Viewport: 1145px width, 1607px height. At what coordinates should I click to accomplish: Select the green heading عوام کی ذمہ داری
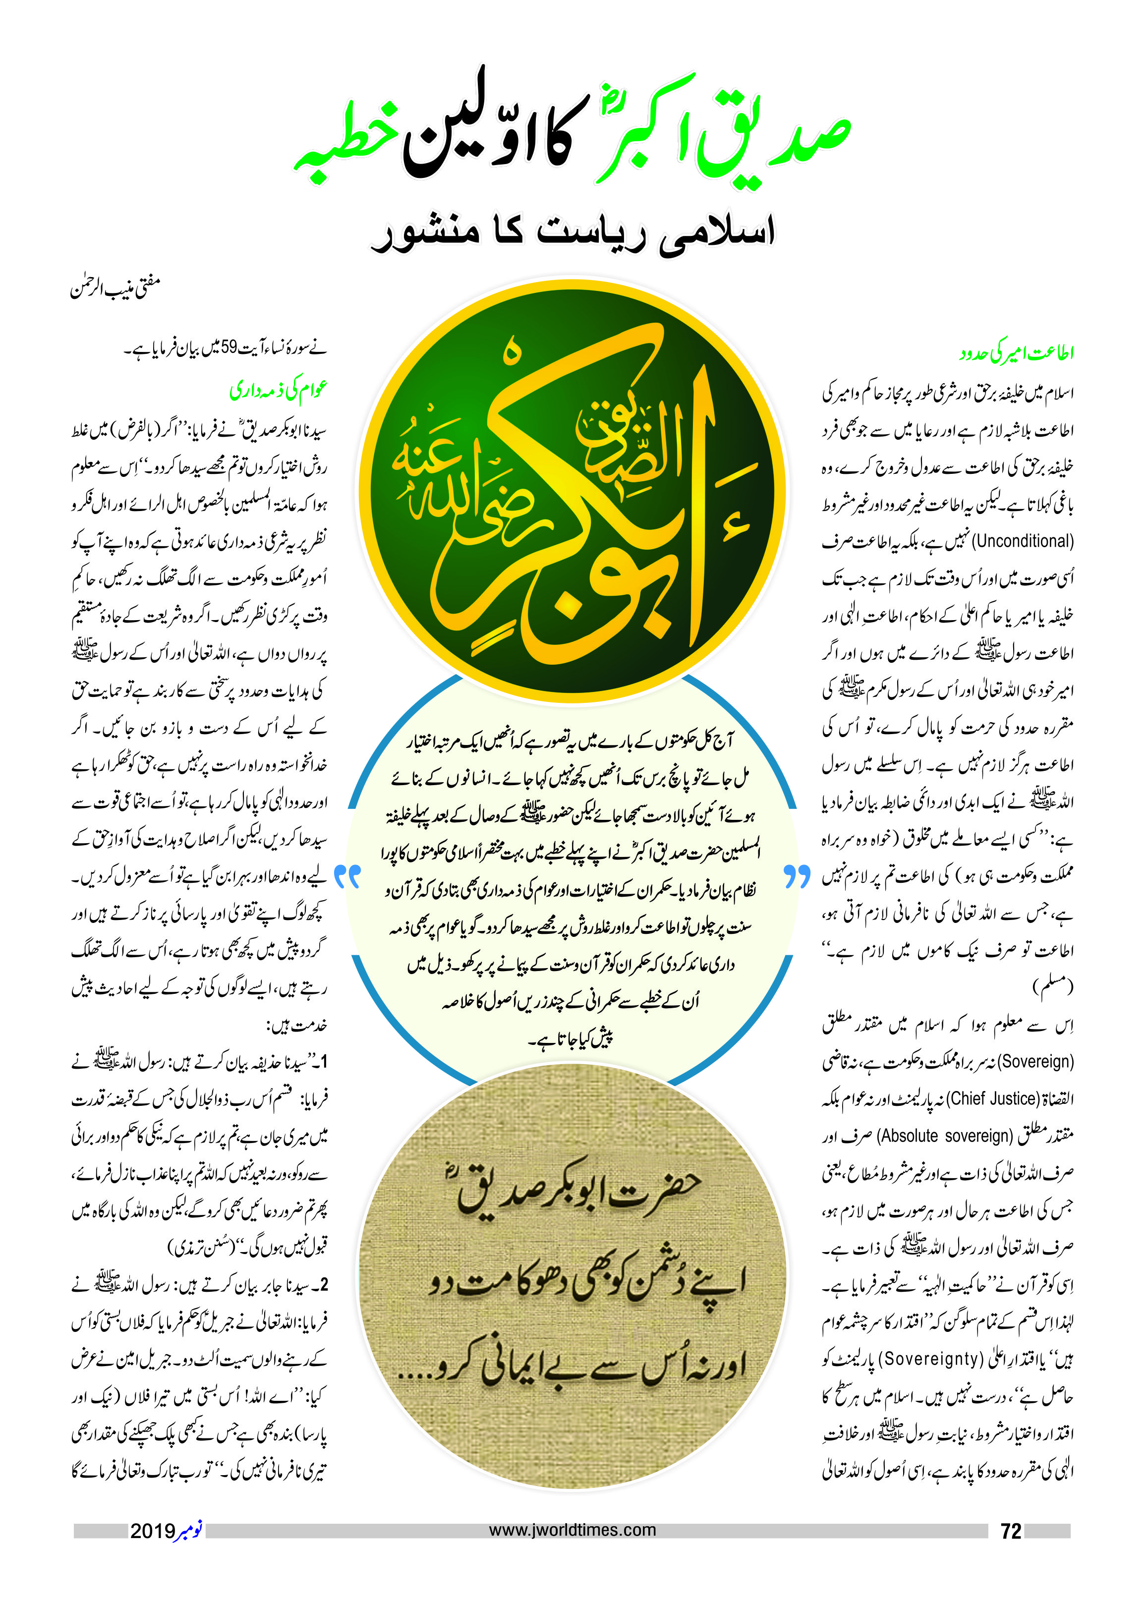click(279, 389)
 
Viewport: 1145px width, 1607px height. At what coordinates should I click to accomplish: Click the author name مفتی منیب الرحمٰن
click(115, 287)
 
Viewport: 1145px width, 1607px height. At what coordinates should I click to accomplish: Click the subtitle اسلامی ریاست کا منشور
click(572, 232)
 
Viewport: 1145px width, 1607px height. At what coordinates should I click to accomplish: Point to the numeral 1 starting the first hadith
click(324, 1062)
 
